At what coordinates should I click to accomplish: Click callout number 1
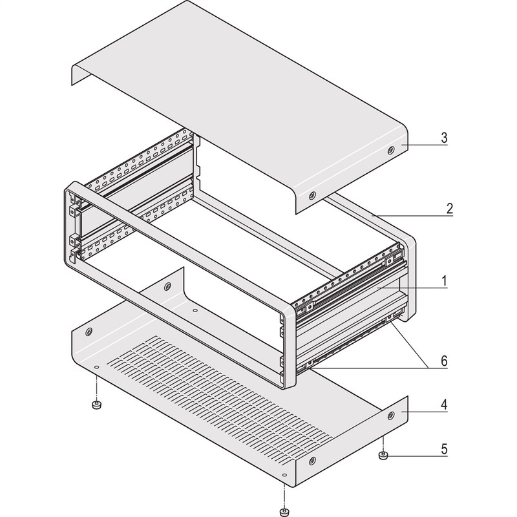click(x=446, y=282)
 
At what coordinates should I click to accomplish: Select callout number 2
click(x=446, y=209)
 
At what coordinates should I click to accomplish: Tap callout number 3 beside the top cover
click(x=446, y=138)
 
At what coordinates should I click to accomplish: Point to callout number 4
click(x=446, y=405)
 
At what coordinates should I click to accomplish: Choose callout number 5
click(x=446, y=448)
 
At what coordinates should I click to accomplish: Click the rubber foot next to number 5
click(x=382, y=457)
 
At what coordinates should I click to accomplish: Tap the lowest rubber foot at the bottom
click(x=283, y=512)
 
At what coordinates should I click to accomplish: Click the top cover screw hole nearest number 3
click(x=391, y=150)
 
